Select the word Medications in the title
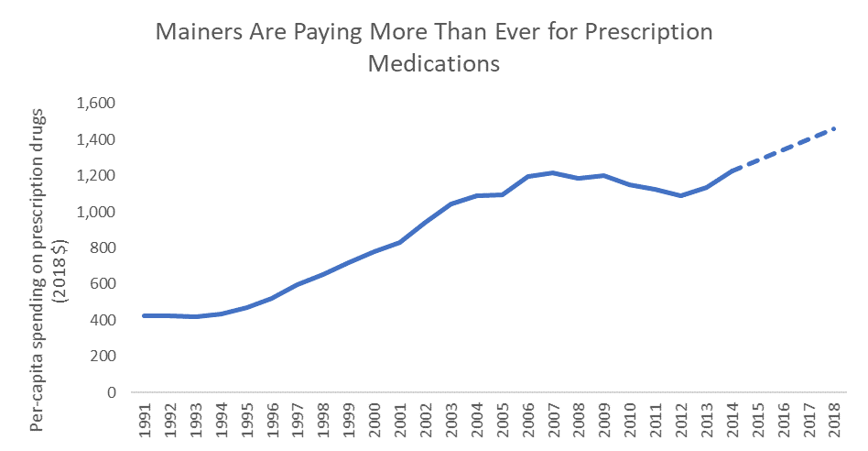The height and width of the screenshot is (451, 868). click(434, 64)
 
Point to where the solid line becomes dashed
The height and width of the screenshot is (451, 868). click(734, 170)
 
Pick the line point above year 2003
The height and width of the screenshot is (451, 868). click(452, 203)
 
